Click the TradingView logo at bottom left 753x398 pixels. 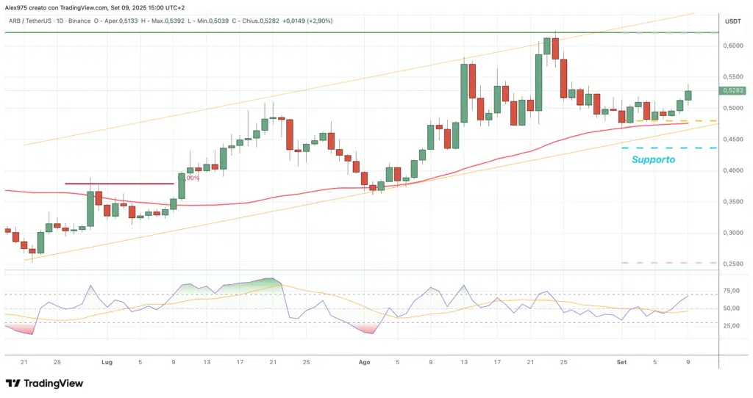[44, 383]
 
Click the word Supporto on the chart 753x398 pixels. [654, 159]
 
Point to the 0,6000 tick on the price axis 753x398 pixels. [733, 46]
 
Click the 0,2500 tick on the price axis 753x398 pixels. [733, 264]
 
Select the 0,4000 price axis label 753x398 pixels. [733, 170]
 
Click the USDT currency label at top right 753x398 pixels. [733, 21]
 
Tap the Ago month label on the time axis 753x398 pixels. [364, 362]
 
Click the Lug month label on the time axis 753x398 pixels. [107, 362]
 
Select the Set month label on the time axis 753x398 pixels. [621, 362]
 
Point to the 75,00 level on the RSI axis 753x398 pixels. [732, 291]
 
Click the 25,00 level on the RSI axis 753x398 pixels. [732, 326]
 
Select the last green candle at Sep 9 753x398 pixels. [688, 95]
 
